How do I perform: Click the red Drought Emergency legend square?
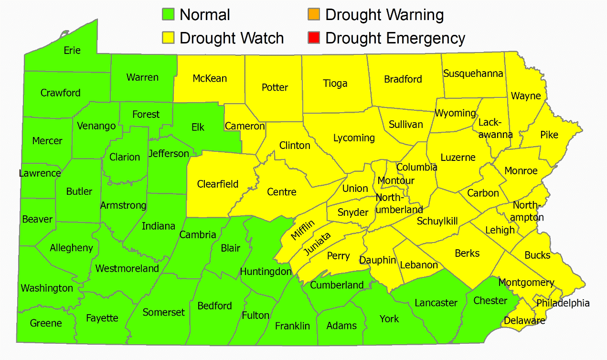314,38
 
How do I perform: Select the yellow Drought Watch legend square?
168,38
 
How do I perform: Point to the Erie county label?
72,51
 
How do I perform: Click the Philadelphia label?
563,303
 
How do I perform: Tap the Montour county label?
396,181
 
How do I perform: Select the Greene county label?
46,323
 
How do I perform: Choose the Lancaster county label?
436,303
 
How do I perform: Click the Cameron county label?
245,126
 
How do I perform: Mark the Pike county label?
549,135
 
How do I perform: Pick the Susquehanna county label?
473,74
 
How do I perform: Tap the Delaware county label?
524,320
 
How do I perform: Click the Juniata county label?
316,244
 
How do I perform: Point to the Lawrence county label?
40,173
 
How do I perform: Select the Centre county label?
281,192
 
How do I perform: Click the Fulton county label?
256,316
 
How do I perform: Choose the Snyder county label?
353,212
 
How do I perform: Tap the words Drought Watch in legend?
232,38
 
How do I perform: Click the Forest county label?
146,114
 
